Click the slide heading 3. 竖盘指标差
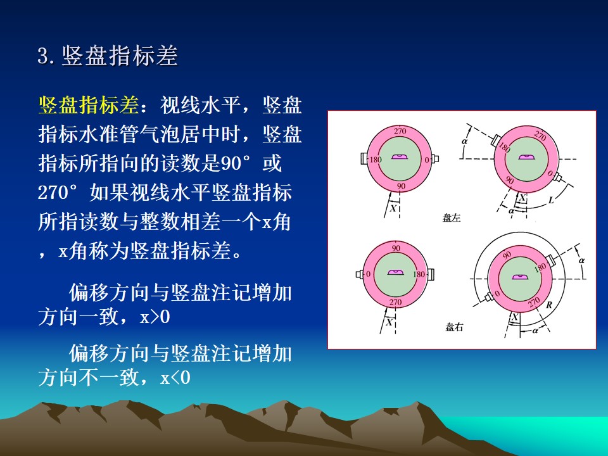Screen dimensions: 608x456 click(x=108, y=56)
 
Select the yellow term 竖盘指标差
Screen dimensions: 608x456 click(x=89, y=105)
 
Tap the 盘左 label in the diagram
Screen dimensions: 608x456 click(x=452, y=217)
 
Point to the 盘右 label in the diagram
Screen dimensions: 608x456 click(x=454, y=327)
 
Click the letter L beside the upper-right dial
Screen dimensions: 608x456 click(x=551, y=200)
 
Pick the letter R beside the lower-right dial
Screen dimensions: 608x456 click(x=548, y=305)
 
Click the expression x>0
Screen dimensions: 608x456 click(x=155, y=317)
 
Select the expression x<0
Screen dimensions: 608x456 click(x=175, y=377)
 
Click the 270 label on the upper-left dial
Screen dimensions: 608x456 click(x=400, y=131)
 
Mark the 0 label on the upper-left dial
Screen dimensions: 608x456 click(x=426, y=160)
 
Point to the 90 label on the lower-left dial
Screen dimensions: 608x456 click(x=396, y=248)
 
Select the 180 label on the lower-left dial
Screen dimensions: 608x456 click(x=419, y=274)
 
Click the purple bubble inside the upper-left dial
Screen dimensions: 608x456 click(x=399, y=156)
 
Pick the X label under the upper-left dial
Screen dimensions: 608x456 click(x=393, y=208)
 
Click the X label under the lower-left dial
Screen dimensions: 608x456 click(x=389, y=322)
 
